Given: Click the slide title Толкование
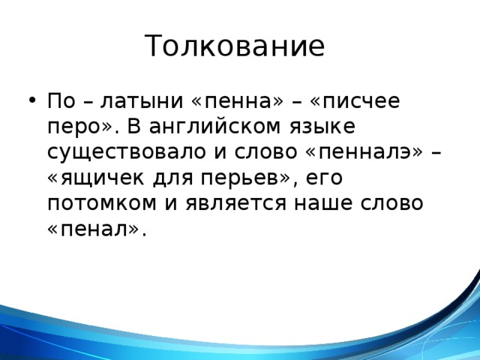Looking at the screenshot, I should pos(235,46).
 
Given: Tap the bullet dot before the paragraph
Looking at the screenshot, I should pos(29,101).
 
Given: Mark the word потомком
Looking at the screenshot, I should pos(99,205).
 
